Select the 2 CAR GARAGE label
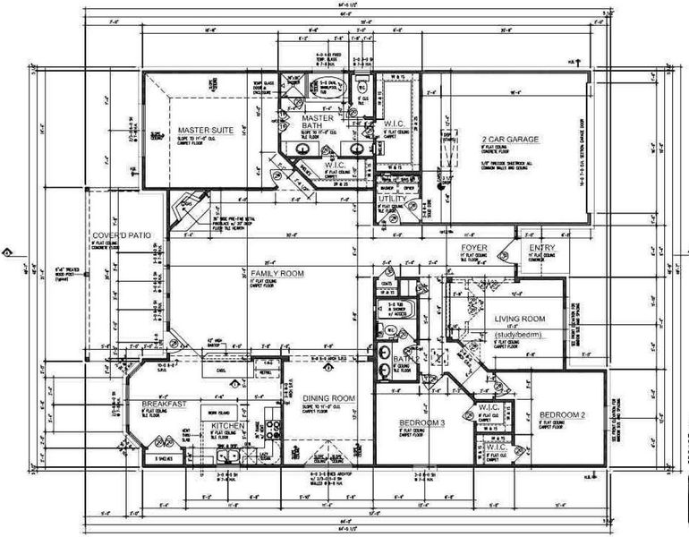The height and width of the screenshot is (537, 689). (509, 141)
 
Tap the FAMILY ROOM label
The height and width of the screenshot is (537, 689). (278, 272)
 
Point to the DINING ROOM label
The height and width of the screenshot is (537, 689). (328, 398)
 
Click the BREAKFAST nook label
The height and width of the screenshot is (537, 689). (163, 405)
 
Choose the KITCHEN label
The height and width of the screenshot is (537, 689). (227, 426)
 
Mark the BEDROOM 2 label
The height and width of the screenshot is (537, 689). (562, 415)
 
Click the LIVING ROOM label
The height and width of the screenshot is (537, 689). (520, 319)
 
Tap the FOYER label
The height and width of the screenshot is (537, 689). (473, 247)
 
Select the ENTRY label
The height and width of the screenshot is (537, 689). (541, 248)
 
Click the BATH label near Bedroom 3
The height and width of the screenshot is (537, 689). (402, 360)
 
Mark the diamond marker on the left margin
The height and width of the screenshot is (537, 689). (8, 251)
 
